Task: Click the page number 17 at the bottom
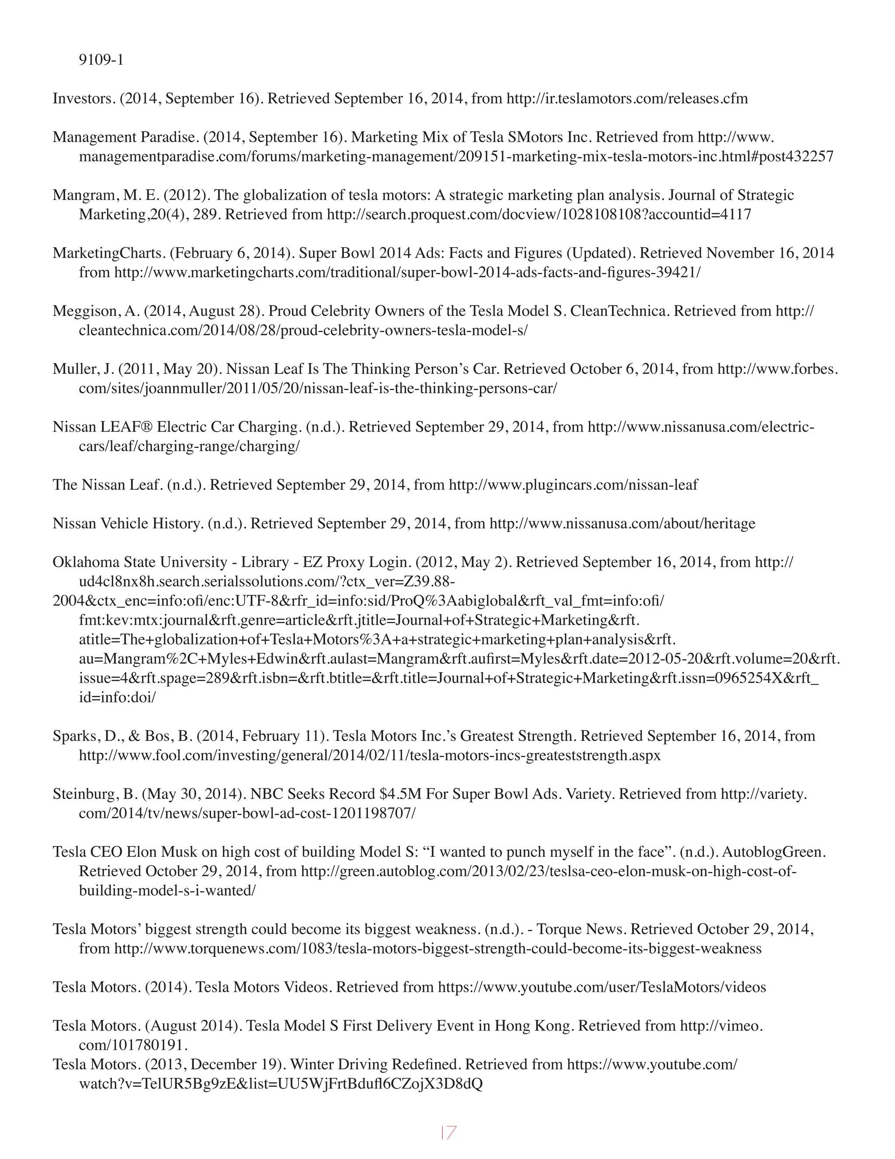click(448, 1132)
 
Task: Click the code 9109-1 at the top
click(101, 60)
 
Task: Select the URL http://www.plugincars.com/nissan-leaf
click(573, 485)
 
